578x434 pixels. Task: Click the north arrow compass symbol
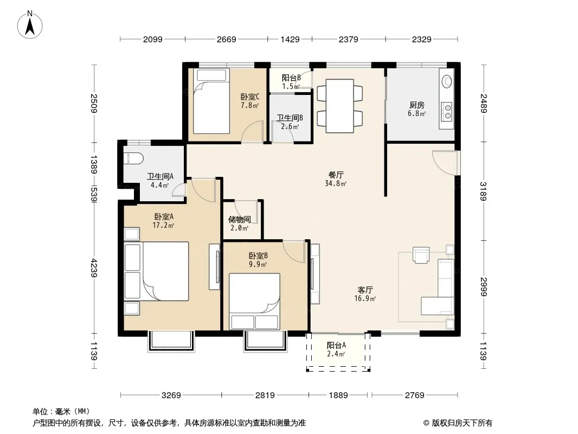(30, 25)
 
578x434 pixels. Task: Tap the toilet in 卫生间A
(133, 158)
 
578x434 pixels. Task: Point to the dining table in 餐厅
(339, 106)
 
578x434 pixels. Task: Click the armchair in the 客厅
(421, 255)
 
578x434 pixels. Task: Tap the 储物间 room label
(239, 219)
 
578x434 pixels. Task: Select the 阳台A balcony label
(336, 346)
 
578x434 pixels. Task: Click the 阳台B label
(291, 78)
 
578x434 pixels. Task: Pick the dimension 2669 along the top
(226, 39)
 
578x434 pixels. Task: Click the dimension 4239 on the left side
(94, 268)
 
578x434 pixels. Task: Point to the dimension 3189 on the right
(484, 191)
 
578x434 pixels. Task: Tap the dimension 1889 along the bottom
(338, 395)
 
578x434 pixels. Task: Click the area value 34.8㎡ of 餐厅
(336, 183)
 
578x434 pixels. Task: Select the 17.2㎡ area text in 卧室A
(163, 225)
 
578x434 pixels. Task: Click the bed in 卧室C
(211, 101)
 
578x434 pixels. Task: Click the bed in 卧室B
(254, 301)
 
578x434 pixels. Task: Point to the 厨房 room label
(416, 105)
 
